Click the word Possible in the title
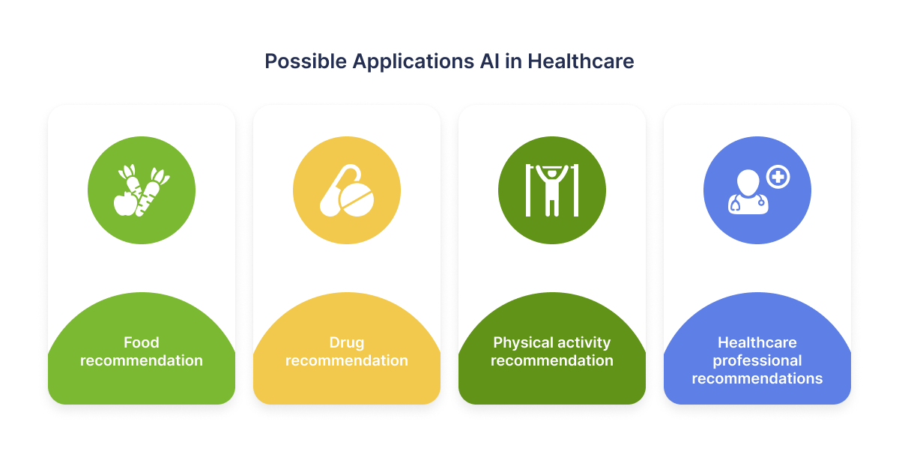click(x=306, y=61)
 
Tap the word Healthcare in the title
click(x=581, y=61)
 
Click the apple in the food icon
click(x=126, y=204)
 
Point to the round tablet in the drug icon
click(x=357, y=200)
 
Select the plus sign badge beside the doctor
click(x=778, y=177)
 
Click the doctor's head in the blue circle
click(x=748, y=183)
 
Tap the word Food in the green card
click(x=142, y=342)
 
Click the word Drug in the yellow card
click(x=347, y=343)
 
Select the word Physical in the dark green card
click(x=521, y=343)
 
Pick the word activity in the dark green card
click(x=582, y=343)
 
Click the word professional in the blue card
click(x=757, y=361)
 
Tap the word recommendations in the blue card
click(x=757, y=378)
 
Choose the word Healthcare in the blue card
click(x=757, y=342)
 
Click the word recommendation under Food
click(x=142, y=360)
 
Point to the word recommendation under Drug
click(x=347, y=360)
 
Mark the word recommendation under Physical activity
click(x=552, y=360)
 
